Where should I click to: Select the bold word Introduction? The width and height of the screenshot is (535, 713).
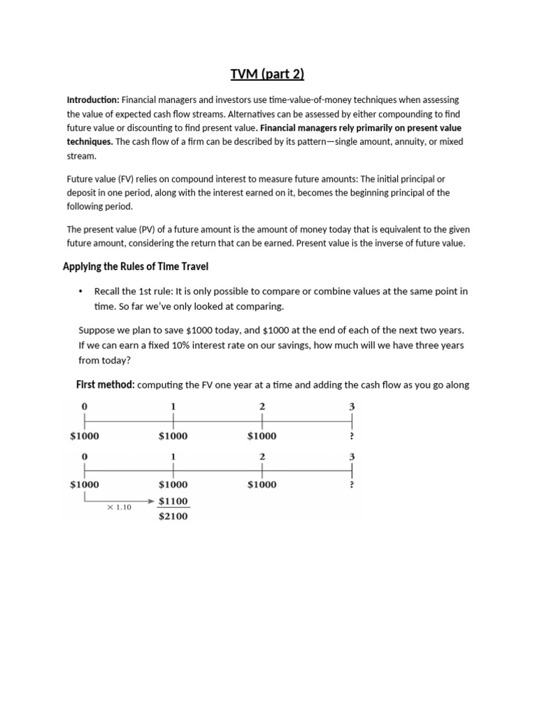click(x=92, y=100)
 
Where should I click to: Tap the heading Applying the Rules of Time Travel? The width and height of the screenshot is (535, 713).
click(x=135, y=266)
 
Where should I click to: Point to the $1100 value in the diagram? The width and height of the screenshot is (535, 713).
click(x=173, y=501)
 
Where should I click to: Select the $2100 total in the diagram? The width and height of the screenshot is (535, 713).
click(x=173, y=517)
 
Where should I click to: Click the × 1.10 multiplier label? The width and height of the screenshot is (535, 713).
click(x=118, y=508)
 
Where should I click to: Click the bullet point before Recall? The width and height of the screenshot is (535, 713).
click(x=82, y=291)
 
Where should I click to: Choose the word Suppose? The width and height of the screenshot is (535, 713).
click(x=98, y=330)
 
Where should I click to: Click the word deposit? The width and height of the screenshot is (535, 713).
click(x=82, y=193)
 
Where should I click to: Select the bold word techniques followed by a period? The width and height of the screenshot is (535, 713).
click(x=89, y=141)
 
